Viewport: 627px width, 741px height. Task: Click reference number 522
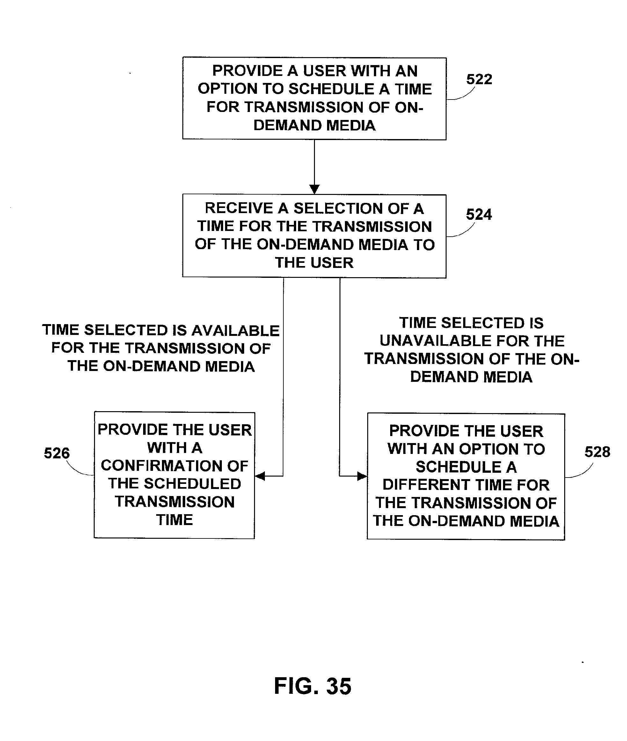tap(479, 79)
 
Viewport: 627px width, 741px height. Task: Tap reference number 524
tap(479, 214)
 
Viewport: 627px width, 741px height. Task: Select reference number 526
tap(57, 453)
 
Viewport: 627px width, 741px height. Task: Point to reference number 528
tap(597, 452)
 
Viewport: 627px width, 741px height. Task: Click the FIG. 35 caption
tap(313, 686)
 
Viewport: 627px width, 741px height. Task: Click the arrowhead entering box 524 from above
tap(314, 189)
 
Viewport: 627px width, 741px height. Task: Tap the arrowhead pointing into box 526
tap(260, 476)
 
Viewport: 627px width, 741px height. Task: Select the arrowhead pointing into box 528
tap(362, 476)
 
